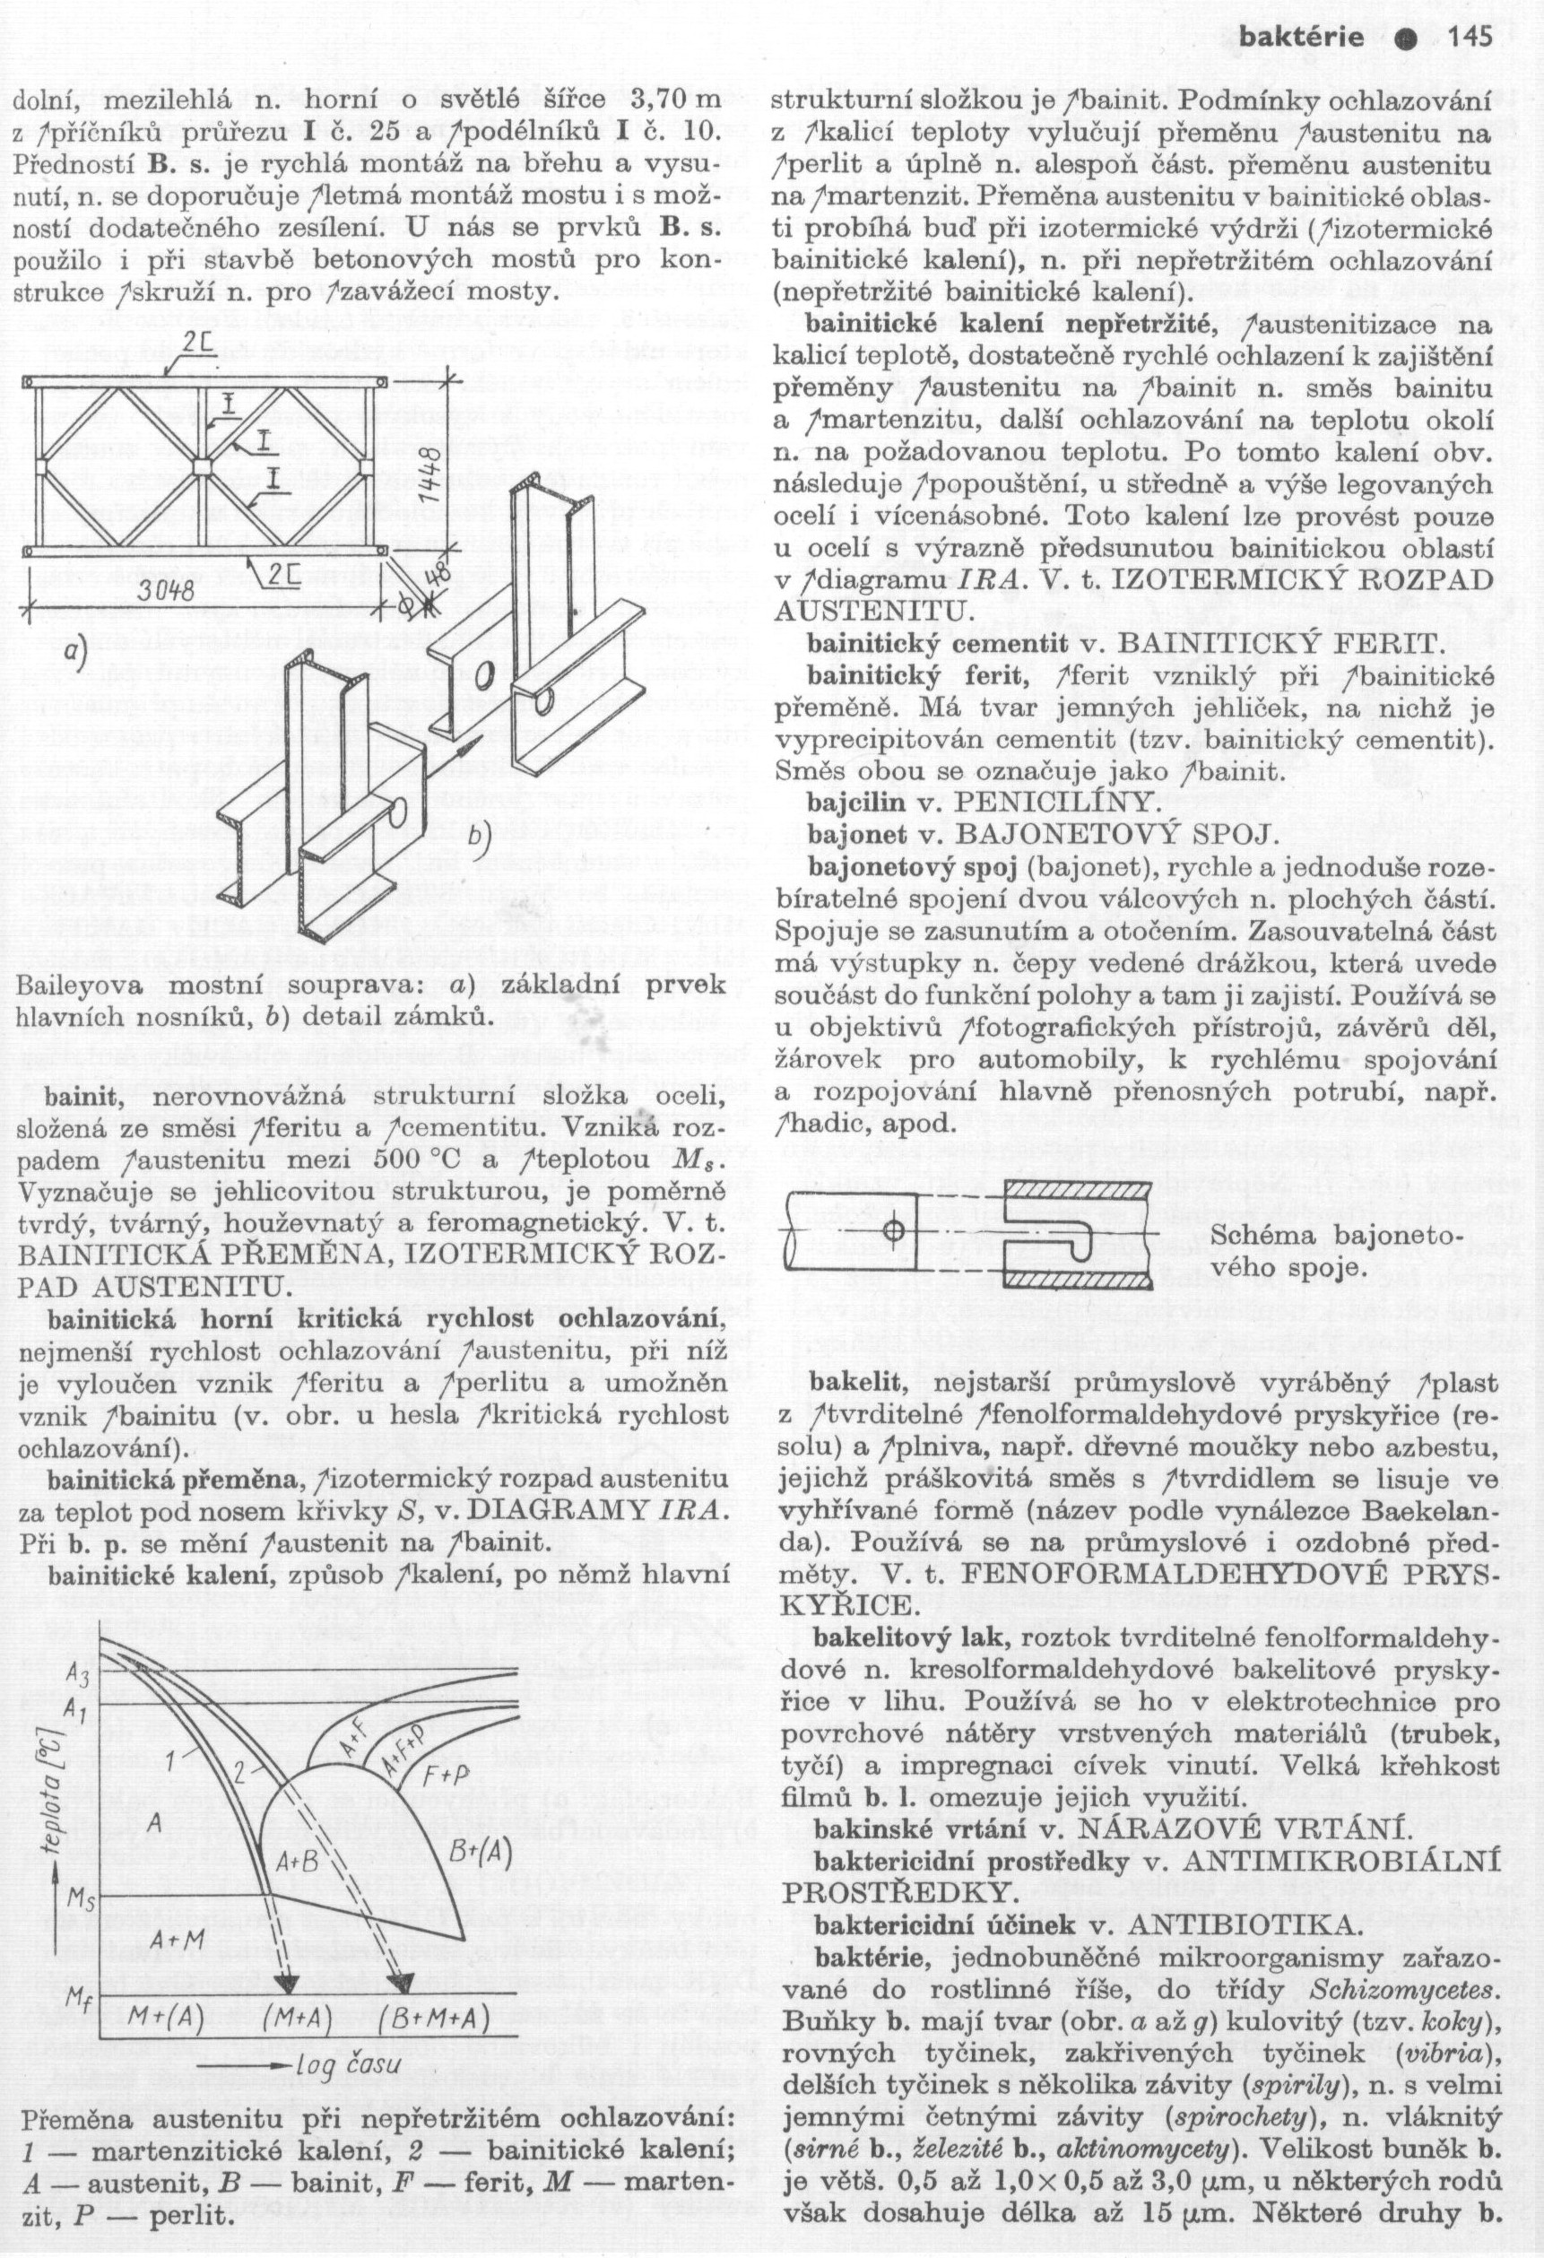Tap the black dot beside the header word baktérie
pos(1401,39)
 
